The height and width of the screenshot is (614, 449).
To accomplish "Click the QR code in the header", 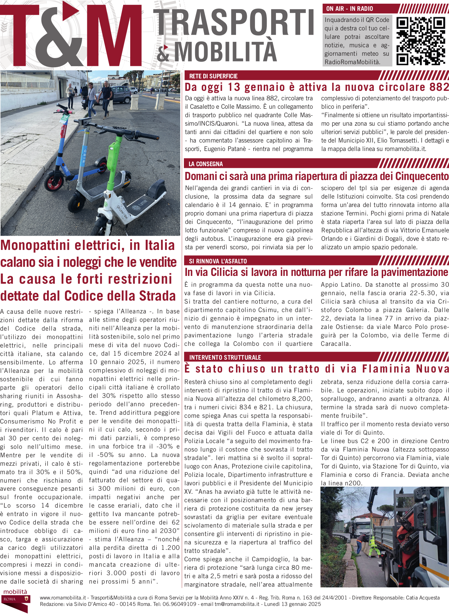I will coord(420,41).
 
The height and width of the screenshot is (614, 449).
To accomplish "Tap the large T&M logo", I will coord(71,35).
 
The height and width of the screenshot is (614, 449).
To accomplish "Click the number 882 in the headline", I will coord(439,87).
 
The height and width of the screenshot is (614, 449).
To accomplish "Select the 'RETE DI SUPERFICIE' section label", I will coord(213,76).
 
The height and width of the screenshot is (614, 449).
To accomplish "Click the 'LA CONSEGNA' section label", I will coord(206,164).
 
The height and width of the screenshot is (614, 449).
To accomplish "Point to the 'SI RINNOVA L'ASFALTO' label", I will coord(218,261).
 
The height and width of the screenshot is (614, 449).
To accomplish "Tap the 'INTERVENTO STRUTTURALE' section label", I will coord(225,357).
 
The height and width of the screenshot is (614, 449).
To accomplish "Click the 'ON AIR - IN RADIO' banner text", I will coord(350,9).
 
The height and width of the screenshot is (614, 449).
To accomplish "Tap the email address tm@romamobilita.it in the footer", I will coord(237,604).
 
